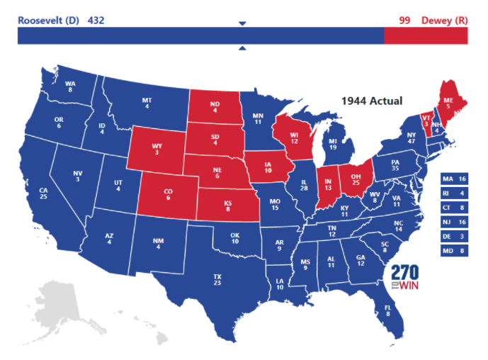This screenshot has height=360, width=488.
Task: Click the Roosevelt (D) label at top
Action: (49, 20)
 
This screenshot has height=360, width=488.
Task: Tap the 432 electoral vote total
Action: (96, 20)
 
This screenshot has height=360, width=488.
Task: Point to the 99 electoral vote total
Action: (404, 20)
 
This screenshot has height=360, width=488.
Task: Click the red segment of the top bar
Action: (426, 36)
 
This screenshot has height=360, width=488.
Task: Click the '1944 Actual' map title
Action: (372, 101)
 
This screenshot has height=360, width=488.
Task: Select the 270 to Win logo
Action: (406, 277)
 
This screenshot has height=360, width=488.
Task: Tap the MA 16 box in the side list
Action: (454, 179)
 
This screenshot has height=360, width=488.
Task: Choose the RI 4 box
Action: (454, 193)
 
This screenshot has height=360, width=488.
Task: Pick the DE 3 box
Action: (454, 235)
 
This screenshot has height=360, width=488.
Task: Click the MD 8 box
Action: (454, 249)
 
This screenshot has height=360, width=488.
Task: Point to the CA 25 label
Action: (43, 193)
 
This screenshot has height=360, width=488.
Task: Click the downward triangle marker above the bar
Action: (242, 23)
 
